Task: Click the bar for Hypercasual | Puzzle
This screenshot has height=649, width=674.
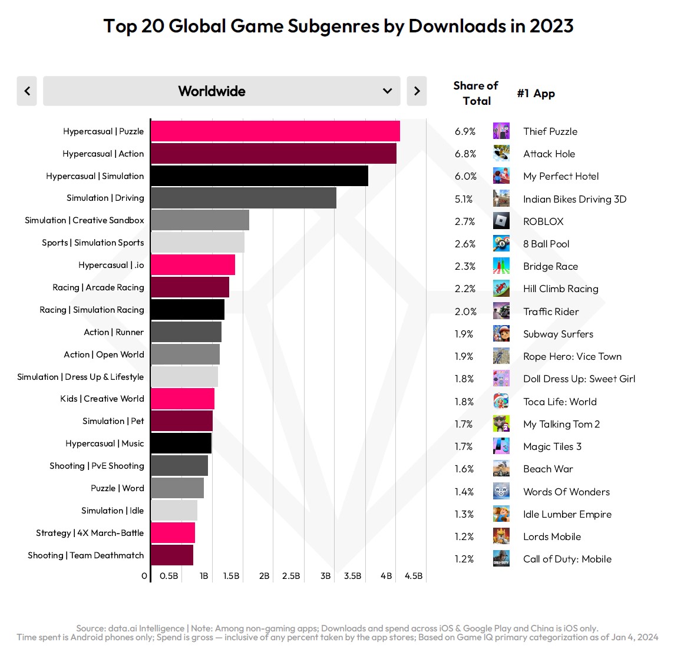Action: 275,131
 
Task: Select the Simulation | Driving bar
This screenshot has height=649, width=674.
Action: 243,198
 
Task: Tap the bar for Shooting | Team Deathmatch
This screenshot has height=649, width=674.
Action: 172,555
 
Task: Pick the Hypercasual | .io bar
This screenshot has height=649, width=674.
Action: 193,265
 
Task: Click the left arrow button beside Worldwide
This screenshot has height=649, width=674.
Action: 27,91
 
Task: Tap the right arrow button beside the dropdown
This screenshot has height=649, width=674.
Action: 417,91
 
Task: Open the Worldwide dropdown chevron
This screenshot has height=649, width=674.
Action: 387,91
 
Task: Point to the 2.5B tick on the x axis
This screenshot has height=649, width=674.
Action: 291,576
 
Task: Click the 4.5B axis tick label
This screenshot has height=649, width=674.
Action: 414,576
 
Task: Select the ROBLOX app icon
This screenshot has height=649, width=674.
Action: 501,221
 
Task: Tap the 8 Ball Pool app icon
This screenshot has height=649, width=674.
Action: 501,244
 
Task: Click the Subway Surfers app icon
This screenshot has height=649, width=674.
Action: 501,334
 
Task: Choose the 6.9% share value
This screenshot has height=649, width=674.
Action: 465,131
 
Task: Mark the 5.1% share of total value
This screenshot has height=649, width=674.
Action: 464,199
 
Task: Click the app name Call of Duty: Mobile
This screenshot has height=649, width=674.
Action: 567,559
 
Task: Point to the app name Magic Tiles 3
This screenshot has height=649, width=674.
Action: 552,446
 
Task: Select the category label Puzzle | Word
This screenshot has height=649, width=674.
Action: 117,488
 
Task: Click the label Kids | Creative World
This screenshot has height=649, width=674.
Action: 102,399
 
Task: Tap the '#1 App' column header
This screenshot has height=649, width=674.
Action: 536,94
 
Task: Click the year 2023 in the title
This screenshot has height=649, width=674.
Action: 551,26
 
